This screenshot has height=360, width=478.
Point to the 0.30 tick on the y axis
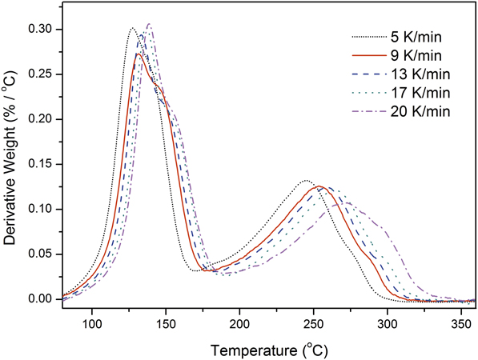click(x=42, y=30)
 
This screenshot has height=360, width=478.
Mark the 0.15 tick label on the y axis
click(x=42, y=164)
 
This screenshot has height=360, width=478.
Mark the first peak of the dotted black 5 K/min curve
click(x=132, y=28)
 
